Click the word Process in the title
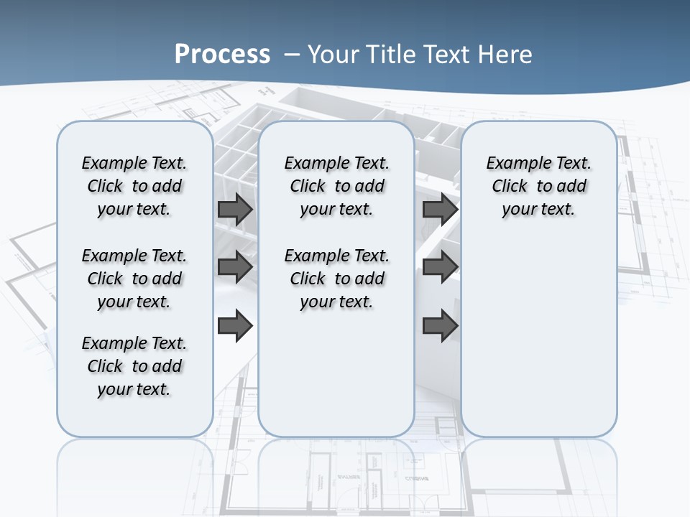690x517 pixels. pos(223,54)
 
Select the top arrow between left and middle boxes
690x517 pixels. pos(235,210)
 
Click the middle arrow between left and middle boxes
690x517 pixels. pos(235,268)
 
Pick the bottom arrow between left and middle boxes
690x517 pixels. pos(235,325)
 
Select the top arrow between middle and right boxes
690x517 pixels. pos(440,210)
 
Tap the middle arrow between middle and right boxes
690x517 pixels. pos(440,268)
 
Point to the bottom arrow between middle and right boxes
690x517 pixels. pos(440,325)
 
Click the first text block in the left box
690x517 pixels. pos(134,186)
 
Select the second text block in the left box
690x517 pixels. pos(134,279)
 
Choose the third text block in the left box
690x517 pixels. pos(134,366)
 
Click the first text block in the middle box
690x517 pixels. pos(336,186)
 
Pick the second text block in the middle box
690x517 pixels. pos(336,279)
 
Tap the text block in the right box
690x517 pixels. pos(539,186)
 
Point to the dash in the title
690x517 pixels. pos(291,55)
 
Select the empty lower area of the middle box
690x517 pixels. pos(336,373)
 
